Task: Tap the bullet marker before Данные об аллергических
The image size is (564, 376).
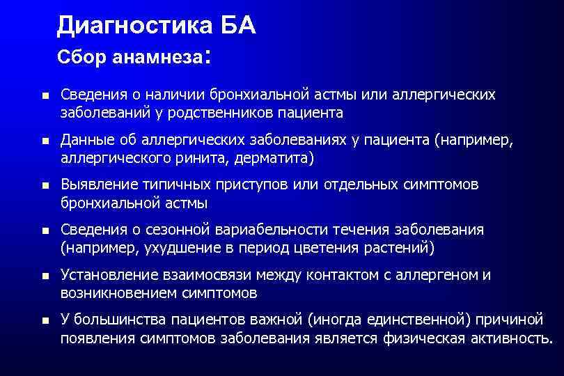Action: tap(44, 142)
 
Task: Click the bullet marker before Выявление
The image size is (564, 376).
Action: tap(44, 187)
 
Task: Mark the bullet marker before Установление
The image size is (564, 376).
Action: tap(44, 276)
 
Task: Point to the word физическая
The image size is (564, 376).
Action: tap(428, 338)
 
